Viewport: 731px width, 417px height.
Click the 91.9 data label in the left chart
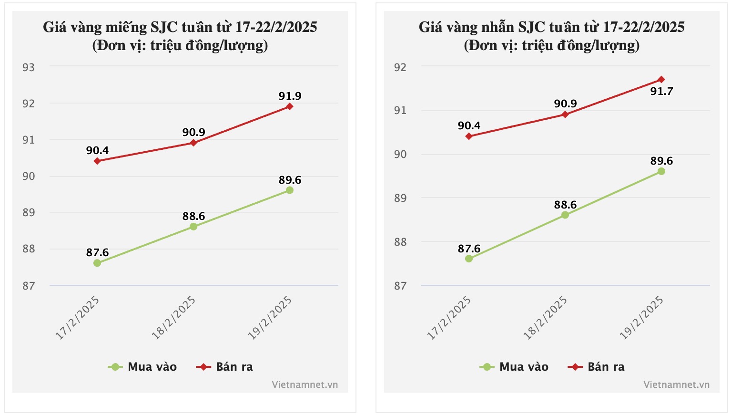(x=290, y=96)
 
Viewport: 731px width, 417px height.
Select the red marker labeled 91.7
(x=661, y=79)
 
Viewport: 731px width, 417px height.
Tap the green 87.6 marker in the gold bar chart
(x=97, y=263)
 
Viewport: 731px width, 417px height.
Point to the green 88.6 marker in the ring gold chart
(x=565, y=215)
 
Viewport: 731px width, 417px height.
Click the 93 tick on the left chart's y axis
(x=29, y=67)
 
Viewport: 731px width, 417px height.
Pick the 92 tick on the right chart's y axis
(x=400, y=67)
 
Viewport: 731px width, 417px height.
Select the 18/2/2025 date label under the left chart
(x=174, y=318)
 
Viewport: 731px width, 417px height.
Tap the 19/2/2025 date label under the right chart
(x=641, y=318)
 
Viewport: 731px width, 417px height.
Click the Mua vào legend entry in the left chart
(x=143, y=367)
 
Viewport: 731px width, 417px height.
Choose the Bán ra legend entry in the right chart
(x=597, y=367)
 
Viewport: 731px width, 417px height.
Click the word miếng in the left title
(x=126, y=27)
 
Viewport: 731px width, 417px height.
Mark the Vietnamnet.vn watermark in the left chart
(x=305, y=385)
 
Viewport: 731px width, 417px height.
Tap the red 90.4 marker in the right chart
(x=469, y=136)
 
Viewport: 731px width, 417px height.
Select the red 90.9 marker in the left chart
(x=193, y=143)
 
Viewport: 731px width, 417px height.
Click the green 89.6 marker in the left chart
(x=290, y=190)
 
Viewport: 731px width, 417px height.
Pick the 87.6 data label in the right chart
(x=469, y=249)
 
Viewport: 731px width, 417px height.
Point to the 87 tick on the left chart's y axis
(x=29, y=286)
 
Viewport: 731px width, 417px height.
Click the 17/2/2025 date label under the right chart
(x=449, y=318)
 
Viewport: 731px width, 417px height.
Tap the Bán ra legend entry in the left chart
(x=225, y=367)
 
